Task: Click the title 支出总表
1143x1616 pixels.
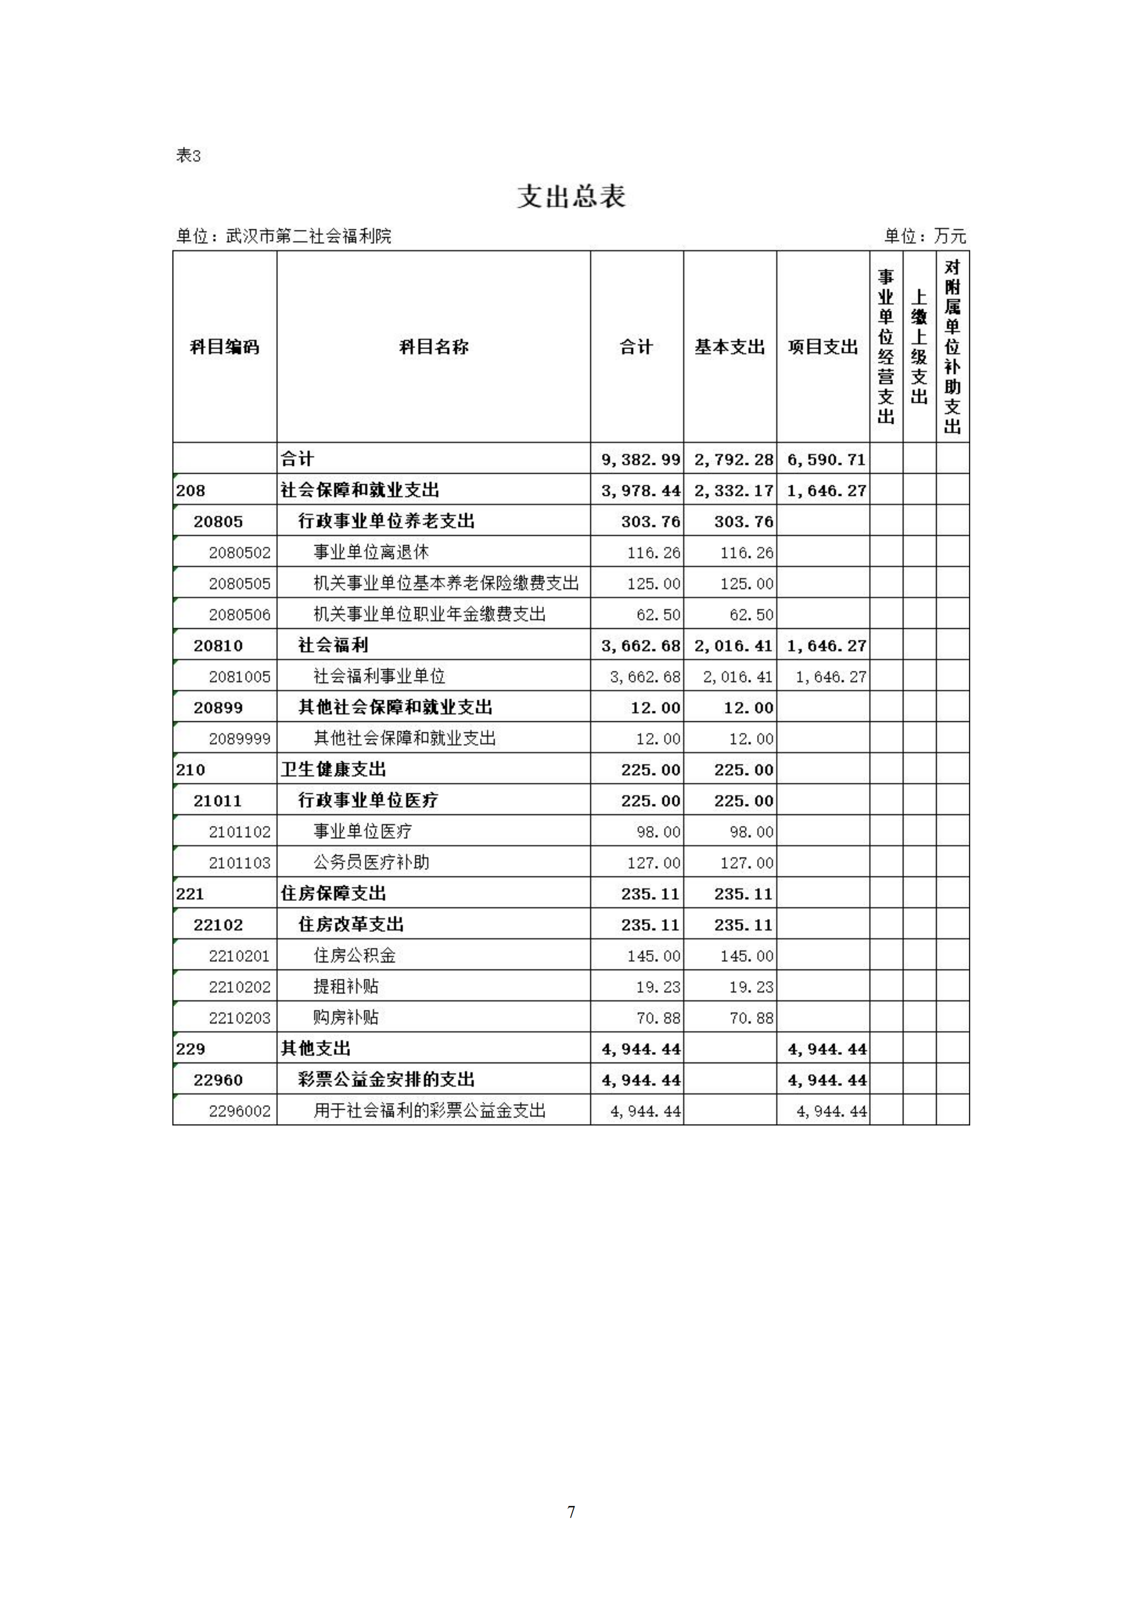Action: tap(571, 196)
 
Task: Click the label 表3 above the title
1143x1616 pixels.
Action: tap(188, 156)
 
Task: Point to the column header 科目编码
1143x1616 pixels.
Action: tap(225, 347)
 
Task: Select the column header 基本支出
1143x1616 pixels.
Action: tap(729, 347)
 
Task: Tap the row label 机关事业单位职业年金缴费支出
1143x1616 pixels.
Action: tap(429, 614)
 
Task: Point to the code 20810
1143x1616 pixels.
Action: tap(218, 646)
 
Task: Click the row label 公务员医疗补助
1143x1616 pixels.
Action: tap(371, 862)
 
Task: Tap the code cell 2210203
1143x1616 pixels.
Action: tap(239, 1018)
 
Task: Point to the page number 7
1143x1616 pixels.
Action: tap(571, 1511)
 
